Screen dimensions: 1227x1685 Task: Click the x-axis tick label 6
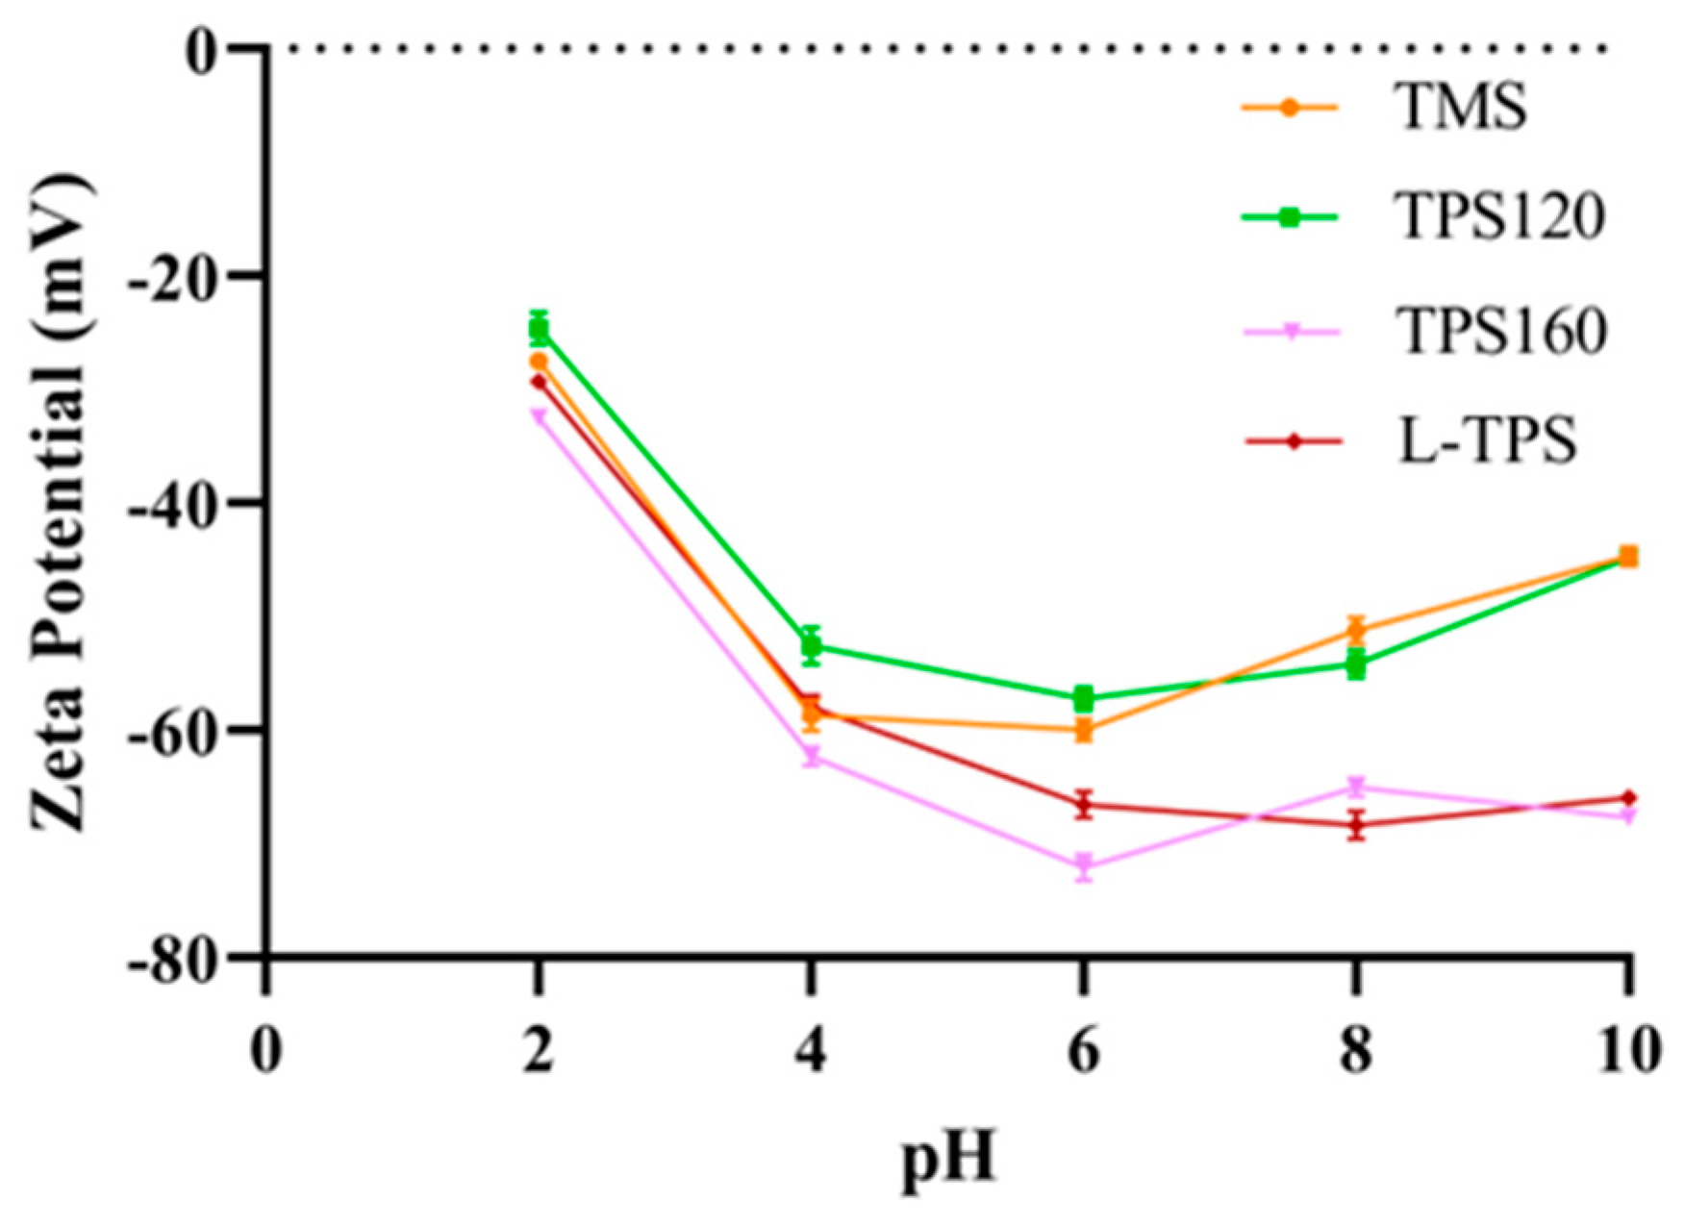coord(1084,1051)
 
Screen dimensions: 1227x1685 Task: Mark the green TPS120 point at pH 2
coord(539,329)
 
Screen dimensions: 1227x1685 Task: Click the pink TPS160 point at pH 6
coord(1084,865)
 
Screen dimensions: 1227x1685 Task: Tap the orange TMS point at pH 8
coord(1356,630)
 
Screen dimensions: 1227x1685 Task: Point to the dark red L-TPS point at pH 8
coord(1356,824)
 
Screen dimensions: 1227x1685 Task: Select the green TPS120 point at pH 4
coord(811,646)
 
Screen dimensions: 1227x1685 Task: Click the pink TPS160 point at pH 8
coord(1356,788)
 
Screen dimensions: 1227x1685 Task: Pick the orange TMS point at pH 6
coord(1084,730)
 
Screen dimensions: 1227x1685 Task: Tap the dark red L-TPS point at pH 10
coord(1628,797)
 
